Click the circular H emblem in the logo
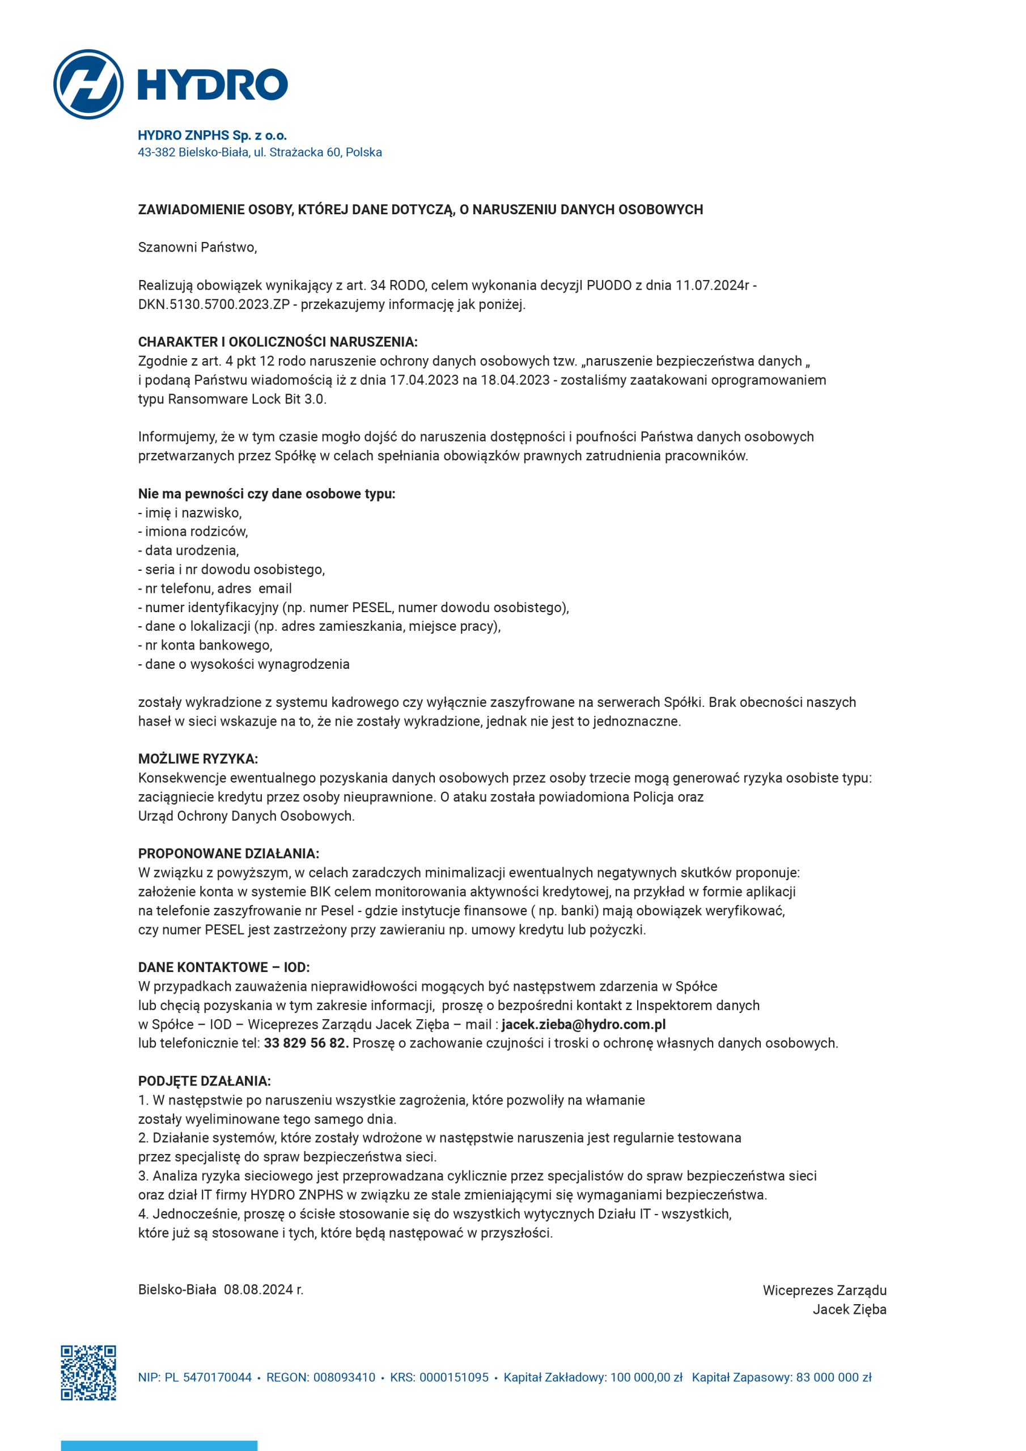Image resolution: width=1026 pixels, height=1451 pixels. tap(88, 84)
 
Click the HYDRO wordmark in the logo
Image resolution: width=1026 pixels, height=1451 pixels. tap(213, 84)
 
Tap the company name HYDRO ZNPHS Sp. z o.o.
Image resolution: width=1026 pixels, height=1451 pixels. tap(213, 135)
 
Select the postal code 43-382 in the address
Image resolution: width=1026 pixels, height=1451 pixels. tap(156, 152)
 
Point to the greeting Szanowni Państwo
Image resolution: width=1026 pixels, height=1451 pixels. tap(197, 247)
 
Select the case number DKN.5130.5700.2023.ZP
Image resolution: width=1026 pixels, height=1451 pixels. tap(214, 304)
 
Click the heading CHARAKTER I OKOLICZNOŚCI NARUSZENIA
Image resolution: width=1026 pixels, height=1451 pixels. tap(278, 342)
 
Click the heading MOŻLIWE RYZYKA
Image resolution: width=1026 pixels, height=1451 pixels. tap(198, 759)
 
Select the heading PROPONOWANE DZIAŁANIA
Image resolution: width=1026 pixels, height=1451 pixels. tap(228, 854)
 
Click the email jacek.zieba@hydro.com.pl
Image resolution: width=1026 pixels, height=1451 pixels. tap(583, 1024)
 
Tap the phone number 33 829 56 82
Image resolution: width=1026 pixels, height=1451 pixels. tap(306, 1043)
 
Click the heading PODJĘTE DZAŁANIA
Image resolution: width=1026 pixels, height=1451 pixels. tap(204, 1081)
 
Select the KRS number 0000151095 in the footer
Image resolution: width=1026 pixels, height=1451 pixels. tap(454, 1378)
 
